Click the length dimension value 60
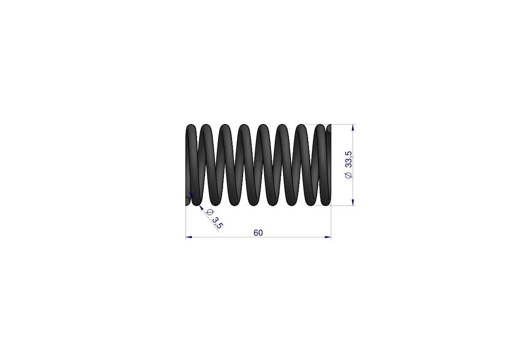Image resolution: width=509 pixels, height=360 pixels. click(x=258, y=233)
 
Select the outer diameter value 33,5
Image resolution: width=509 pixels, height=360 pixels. click(x=349, y=159)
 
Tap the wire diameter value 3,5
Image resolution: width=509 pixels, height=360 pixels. click(x=218, y=222)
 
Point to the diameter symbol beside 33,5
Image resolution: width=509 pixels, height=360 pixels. click(x=349, y=175)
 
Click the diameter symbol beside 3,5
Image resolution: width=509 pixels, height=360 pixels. click(x=209, y=212)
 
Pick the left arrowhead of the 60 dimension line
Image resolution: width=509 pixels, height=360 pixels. click(x=188, y=237)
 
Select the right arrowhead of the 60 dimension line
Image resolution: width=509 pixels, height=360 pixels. click(x=328, y=237)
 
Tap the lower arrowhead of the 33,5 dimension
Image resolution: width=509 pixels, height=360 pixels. click(x=353, y=202)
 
